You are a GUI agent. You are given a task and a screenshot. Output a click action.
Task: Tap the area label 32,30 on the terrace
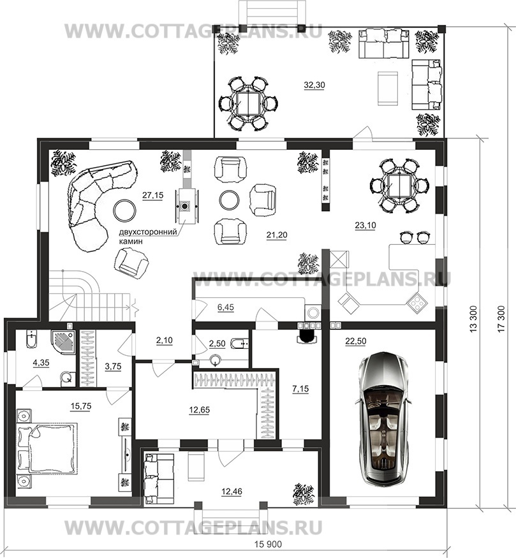314,85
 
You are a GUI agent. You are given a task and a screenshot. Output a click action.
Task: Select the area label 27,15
152,195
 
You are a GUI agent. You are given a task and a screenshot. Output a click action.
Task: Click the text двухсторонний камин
148,237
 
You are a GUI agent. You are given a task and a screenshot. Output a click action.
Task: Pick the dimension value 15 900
268,545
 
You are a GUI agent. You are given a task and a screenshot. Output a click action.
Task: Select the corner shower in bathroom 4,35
63,341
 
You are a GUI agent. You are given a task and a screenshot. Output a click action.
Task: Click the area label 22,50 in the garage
355,341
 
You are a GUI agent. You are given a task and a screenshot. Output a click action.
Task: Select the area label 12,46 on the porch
232,492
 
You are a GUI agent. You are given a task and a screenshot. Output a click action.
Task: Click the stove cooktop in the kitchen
416,302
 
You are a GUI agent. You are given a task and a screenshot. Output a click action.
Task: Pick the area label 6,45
226,307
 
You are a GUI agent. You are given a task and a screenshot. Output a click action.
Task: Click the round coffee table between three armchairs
230,200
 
